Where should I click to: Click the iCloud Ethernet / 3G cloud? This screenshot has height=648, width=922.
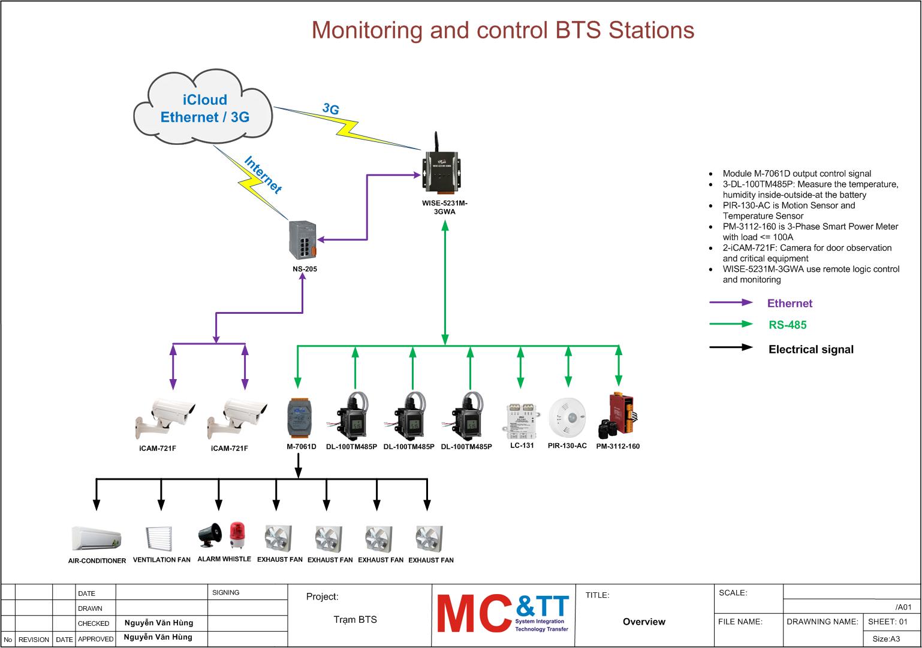click(x=203, y=108)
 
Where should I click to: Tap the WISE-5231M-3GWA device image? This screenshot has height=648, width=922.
click(x=444, y=170)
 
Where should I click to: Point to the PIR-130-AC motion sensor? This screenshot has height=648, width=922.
click(x=567, y=417)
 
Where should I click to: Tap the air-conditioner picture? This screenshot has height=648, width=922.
click(x=96, y=538)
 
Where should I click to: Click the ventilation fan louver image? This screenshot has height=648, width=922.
click(x=161, y=538)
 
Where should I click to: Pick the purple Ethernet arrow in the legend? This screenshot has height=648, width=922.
click(x=731, y=303)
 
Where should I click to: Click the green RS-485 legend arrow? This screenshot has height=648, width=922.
click(x=731, y=325)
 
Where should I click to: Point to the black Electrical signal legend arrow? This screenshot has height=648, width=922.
click(x=731, y=348)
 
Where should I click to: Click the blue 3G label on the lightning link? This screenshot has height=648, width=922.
click(x=331, y=109)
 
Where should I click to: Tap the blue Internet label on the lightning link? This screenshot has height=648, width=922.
click(x=263, y=175)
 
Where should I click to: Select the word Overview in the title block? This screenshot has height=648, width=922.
click(x=644, y=622)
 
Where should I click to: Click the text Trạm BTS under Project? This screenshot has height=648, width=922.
click(x=355, y=619)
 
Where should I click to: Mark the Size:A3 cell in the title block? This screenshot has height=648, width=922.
click(x=885, y=639)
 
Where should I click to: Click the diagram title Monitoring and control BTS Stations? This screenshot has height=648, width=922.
click(x=502, y=30)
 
